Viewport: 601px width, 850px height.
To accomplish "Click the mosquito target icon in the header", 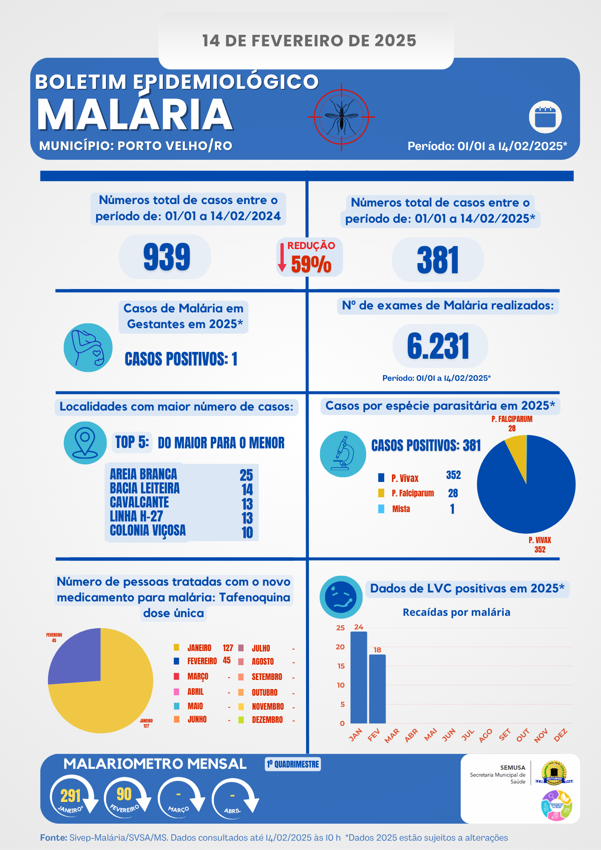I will [x=341, y=116].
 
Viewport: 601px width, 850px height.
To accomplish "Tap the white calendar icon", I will [x=545, y=117].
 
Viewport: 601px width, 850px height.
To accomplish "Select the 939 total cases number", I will [x=167, y=257].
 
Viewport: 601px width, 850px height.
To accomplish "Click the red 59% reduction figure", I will [x=311, y=264].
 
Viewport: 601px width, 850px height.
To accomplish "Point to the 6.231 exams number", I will [x=438, y=346].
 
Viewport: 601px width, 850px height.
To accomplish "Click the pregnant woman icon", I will [x=88, y=348].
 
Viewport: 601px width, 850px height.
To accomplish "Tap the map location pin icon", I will [x=85, y=442].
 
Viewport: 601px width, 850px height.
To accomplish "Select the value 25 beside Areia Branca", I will [x=246, y=475].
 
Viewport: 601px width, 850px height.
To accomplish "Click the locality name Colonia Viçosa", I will [x=147, y=530].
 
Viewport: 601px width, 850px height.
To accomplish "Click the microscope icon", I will [x=343, y=453].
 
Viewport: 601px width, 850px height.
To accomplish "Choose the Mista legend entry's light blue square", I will [x=381, y=509].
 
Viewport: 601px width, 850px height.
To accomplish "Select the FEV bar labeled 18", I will [x=377, y=688].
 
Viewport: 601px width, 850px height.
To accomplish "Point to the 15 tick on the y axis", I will [x=341, y=666].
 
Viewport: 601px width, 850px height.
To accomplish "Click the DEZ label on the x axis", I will [x=561, y=735].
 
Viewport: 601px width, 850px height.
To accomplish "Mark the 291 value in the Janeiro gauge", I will [x=71, y=795].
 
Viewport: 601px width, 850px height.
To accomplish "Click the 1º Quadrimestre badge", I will [x=293, y=764].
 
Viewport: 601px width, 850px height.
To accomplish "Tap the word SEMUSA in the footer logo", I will [x=513, y=768].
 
